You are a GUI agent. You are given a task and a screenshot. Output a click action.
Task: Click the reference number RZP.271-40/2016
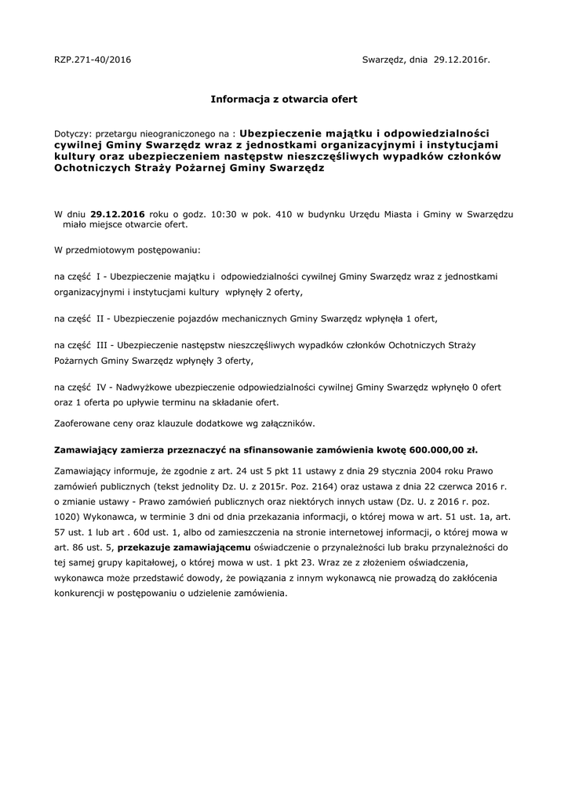coord(93,60)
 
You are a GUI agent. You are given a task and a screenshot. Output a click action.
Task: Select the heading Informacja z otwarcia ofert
coord(284,100)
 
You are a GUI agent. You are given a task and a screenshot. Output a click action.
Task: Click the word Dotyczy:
coord(73,134)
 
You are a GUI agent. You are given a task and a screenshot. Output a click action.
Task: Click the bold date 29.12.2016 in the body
coord(118,213)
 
